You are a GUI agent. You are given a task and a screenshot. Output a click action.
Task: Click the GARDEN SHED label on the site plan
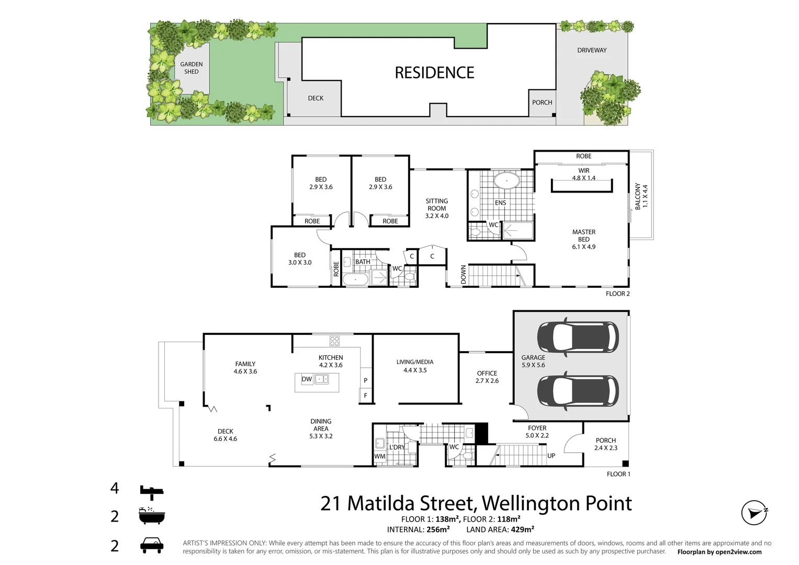click(192, 68)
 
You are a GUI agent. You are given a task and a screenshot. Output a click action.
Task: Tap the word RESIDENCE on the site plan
click(434, 73)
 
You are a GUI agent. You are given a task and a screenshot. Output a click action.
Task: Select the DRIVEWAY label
click(592, 50)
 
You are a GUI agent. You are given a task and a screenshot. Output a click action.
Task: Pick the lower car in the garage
click(578, 391)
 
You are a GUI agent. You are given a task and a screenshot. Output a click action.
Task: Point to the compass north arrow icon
click(754, 513)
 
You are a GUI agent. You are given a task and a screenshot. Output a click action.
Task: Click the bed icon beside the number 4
click(152, 490)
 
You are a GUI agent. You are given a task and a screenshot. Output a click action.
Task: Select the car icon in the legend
click(152, 545)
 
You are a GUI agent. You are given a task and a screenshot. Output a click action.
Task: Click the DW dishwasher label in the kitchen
click(307, 379)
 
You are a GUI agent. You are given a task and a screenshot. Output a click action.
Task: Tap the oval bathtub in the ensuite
click(507, 182)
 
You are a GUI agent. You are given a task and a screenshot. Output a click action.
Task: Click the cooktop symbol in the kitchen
click(334, 341)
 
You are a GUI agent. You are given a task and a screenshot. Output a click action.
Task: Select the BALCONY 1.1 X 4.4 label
click(641, 196)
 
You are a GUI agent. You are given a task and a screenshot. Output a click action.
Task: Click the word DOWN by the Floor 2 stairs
click(463, 275)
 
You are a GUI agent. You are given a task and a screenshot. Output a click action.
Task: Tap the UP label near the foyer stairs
click(551, 456)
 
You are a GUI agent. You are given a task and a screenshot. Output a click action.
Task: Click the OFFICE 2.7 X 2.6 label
click(487, 377)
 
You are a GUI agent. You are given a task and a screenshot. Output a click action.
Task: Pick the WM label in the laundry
click(380, 456)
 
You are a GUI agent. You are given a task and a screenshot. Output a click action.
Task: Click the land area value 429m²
click(522, 529)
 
